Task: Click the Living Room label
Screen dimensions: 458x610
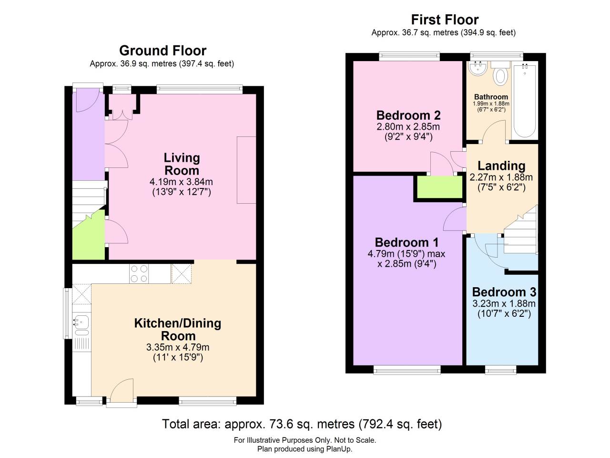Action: [x=182, y=164]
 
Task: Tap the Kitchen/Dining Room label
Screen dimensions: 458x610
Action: [x=178, y=329]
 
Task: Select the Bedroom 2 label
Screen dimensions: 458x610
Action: [x=408, y=115]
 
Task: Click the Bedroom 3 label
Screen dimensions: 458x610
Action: [x=504, y=292]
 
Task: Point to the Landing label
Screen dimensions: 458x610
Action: [x=501, y=166]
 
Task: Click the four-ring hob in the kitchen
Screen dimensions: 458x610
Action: [x=139, y=273]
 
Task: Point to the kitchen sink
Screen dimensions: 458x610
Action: [x=81, y=323]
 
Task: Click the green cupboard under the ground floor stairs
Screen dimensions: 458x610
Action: [x=88, y=236]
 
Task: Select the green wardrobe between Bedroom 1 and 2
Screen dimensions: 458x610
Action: [x=439, y=187]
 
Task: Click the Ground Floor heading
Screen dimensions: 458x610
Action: [x=163, y=51]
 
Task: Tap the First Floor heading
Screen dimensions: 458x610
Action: [x=445, y=20]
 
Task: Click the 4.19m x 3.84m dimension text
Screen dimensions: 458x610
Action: [x=181, y=182]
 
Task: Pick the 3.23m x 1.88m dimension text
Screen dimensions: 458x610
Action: [x=504, y=304]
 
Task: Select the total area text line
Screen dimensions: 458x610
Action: [x=302, y=424]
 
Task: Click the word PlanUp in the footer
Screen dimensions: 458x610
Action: [x=339, y=449]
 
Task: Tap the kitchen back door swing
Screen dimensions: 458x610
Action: [x=121, y=389]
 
